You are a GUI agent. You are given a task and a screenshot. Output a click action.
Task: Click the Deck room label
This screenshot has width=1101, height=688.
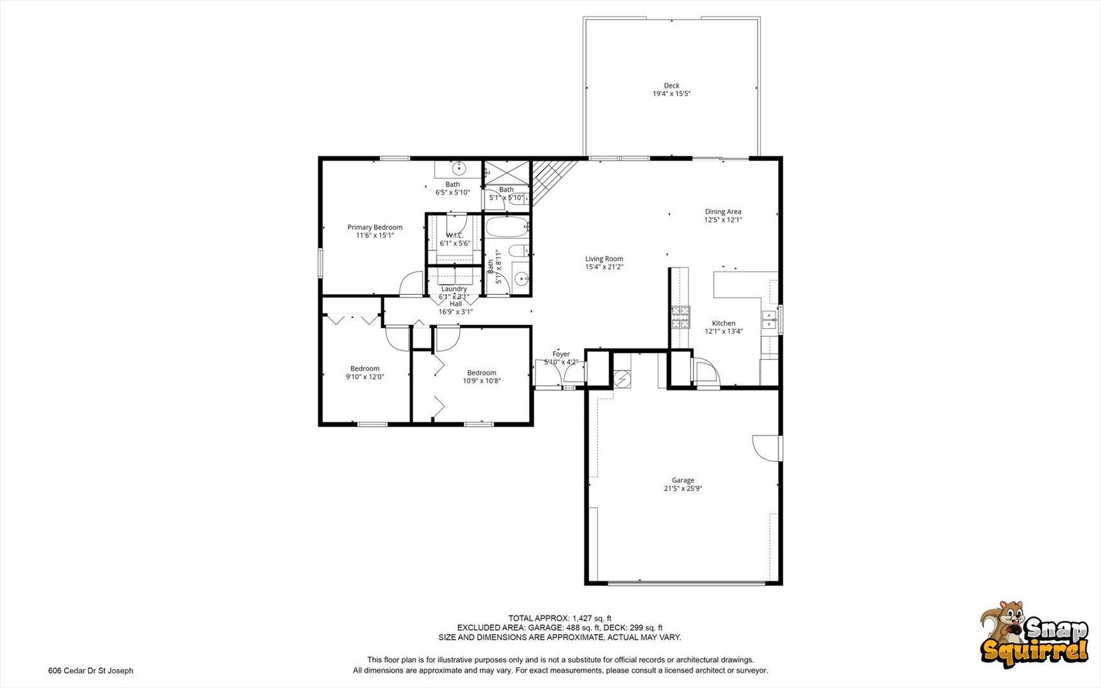[672, 85]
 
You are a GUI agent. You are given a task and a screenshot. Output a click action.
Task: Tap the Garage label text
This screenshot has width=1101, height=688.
[683, 480]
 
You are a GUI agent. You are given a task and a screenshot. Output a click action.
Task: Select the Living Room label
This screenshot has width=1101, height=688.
[604, 259]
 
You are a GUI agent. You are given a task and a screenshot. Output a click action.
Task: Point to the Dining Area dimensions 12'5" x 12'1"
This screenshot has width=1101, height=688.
[723, 220]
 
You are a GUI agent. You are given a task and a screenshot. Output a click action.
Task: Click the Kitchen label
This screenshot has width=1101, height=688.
[723, 323]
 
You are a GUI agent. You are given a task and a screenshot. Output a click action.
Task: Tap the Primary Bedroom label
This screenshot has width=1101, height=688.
[375, 227]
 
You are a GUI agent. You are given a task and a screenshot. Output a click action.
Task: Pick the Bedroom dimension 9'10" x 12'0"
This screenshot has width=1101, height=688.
[365, 376]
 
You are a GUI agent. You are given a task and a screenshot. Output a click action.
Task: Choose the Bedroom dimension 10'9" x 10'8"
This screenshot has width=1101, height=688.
[481, 381]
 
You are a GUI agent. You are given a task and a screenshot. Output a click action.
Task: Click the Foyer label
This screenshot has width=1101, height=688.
[561, 354]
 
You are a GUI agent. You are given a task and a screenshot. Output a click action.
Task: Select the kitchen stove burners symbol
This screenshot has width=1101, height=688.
[681, 317]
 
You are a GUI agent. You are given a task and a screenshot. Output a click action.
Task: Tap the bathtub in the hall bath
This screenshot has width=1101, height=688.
[508, 226]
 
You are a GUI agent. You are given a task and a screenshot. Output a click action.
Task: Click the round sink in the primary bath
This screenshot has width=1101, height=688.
[458, 169]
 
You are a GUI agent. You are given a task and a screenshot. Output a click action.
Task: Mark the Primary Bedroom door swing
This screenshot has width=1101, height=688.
[411, 283]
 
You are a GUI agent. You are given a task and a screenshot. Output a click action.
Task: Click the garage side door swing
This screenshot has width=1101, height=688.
[767, 448]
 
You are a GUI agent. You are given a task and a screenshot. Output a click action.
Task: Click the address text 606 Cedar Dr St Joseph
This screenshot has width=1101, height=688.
[90, 670]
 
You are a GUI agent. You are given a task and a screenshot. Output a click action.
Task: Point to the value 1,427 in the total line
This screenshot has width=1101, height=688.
[582, 618]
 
